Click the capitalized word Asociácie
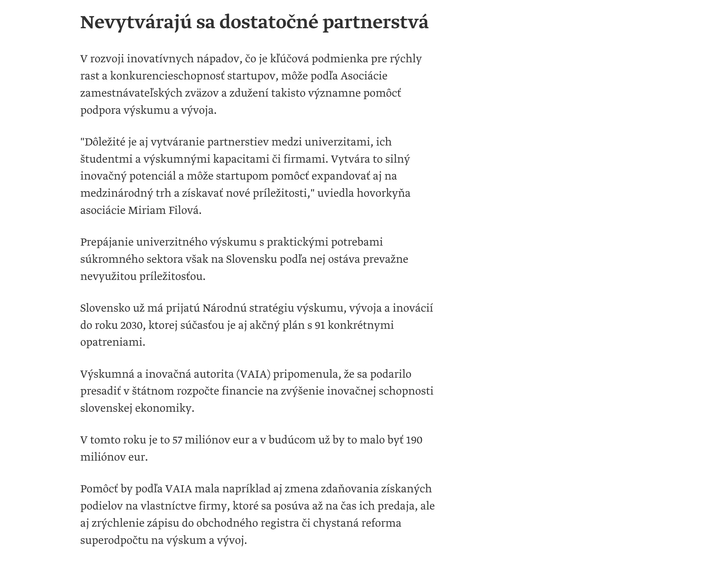(364, 76)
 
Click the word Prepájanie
(107, 242)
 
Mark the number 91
(320, 325)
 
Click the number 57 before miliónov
(177, 440)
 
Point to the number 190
(414, 440)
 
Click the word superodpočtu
(114, 540)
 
